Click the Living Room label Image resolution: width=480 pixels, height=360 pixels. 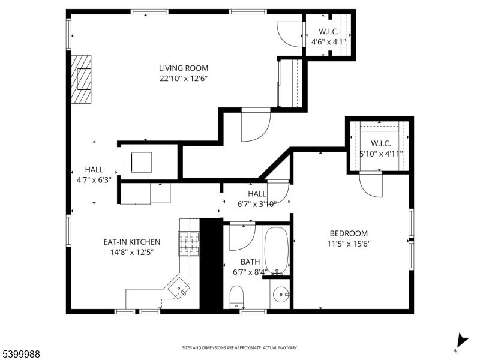click(184, 68)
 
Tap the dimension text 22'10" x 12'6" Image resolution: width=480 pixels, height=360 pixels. click(184, 78)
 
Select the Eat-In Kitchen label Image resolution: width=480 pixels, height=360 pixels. click(131, 242)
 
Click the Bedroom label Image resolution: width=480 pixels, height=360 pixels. click(349, 233)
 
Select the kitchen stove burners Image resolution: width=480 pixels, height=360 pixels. click(189, 245)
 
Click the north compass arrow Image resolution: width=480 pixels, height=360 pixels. click(461, 340)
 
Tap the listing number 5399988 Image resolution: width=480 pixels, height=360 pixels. click(20, 354)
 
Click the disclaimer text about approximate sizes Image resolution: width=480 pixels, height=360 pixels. click(240, 348)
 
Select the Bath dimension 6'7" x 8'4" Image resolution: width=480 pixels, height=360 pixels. click(250, 272)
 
